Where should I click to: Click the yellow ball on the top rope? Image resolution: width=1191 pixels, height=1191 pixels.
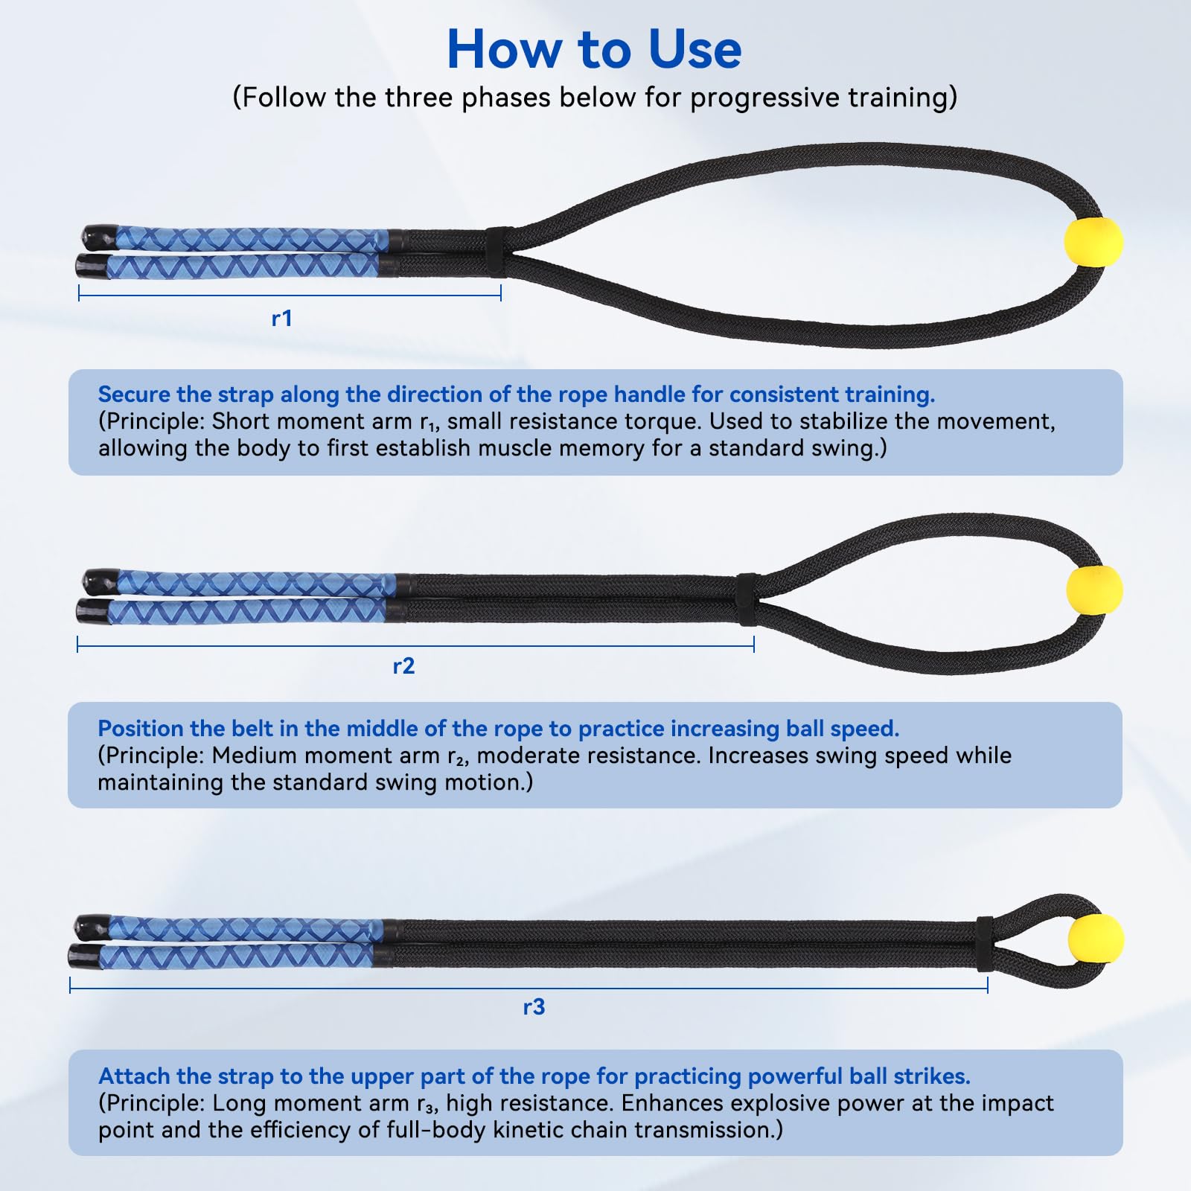[1093, 242]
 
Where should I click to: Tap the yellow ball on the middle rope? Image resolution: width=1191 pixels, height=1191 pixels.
[1094, 590]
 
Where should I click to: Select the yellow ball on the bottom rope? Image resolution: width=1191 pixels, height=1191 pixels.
[1095, 939]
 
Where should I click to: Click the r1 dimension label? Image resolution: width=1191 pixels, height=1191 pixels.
[282, 319]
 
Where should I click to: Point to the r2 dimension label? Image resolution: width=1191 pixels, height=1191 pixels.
[403, 666]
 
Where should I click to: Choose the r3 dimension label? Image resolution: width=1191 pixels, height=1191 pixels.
[534, 1007]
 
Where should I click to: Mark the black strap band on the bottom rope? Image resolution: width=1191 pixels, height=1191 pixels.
[985, 944]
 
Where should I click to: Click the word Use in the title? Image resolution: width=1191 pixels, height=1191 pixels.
[695, 50]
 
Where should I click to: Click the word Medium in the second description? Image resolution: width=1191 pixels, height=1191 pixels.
[252, 756]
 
